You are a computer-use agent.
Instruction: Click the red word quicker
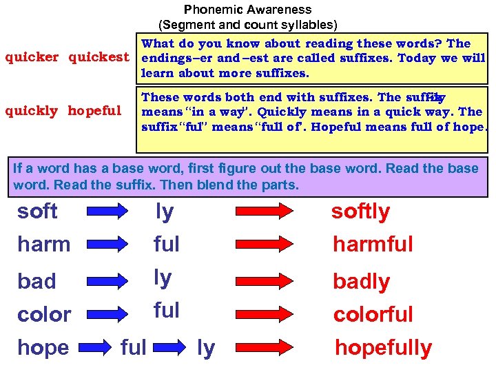32,57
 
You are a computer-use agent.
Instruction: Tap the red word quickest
99,57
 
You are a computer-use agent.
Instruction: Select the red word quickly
31,110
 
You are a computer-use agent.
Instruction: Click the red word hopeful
94,110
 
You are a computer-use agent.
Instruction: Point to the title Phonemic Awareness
247,10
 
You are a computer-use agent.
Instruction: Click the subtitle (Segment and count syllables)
247,25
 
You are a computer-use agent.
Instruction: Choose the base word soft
37,211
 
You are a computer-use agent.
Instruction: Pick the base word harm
43,244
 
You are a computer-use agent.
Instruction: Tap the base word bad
37,281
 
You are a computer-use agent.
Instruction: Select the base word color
44,314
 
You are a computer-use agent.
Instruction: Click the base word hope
43,348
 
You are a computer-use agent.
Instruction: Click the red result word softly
360,211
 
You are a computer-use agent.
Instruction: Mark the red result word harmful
373,244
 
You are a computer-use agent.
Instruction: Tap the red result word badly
361,282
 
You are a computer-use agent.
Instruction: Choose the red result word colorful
373,315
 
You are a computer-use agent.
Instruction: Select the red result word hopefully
383,349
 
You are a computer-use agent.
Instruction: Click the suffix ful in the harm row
166,244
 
